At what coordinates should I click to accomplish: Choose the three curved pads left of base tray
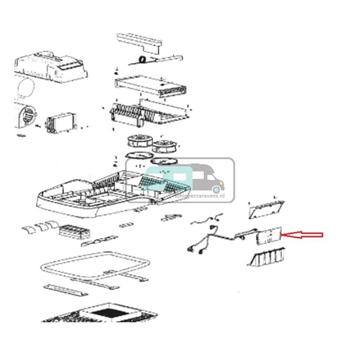[x=41, y=226]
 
